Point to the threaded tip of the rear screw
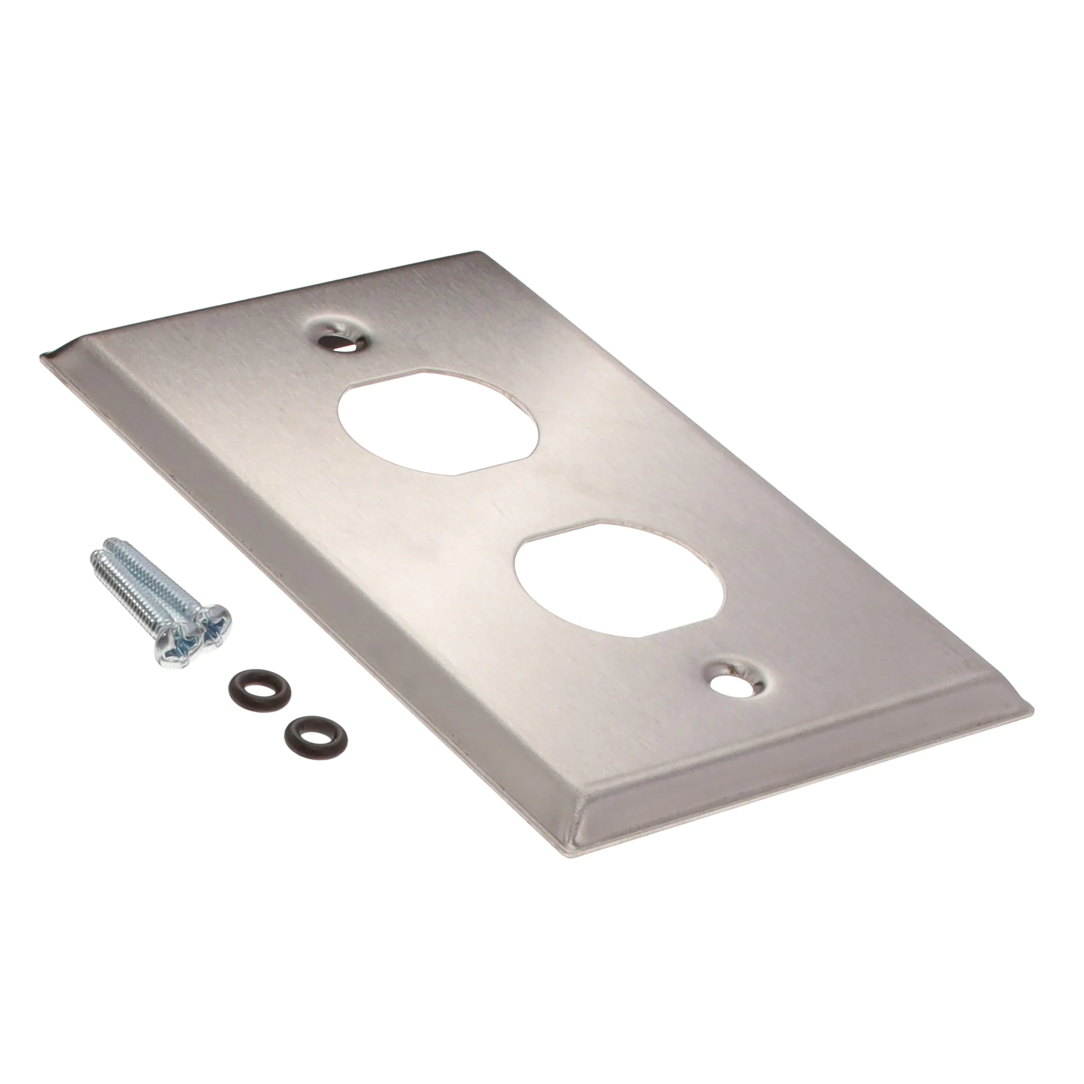pos(112,543)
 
